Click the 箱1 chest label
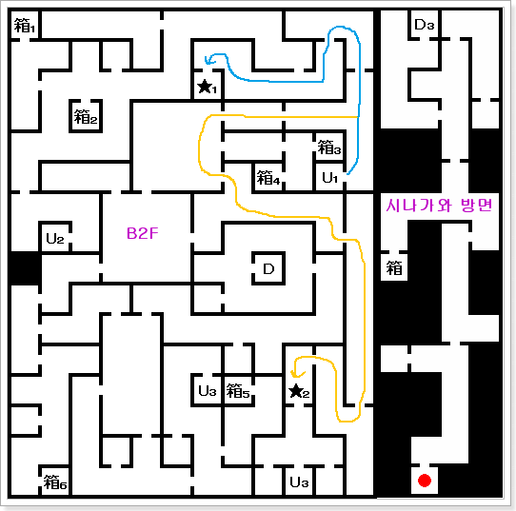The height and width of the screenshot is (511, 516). point(25,26)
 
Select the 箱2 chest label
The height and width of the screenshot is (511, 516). point(86,117)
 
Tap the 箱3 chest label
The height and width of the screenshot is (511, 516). point(329,147)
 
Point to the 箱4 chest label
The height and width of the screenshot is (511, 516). point(268,178)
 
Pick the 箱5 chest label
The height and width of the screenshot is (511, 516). point(238,391)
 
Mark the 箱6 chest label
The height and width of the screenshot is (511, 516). point(55,482)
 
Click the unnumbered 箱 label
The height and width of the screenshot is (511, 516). point(394,268)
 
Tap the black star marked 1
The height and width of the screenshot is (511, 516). point(205,87)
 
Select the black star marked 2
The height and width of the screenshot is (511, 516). point(296,391)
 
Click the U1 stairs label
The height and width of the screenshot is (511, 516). point(330,178)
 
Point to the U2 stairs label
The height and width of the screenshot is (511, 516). point(55,239)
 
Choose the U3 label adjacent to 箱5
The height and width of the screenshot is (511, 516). point(208,391)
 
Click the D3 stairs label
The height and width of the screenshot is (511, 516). point(425,25)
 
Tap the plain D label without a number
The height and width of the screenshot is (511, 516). point(268,269)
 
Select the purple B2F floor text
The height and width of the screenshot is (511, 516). point(143,233)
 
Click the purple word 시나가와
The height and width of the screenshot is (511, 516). point(418,206)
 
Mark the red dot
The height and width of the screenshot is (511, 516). point(425,481)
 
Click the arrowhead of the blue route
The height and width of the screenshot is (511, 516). point(208,61)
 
